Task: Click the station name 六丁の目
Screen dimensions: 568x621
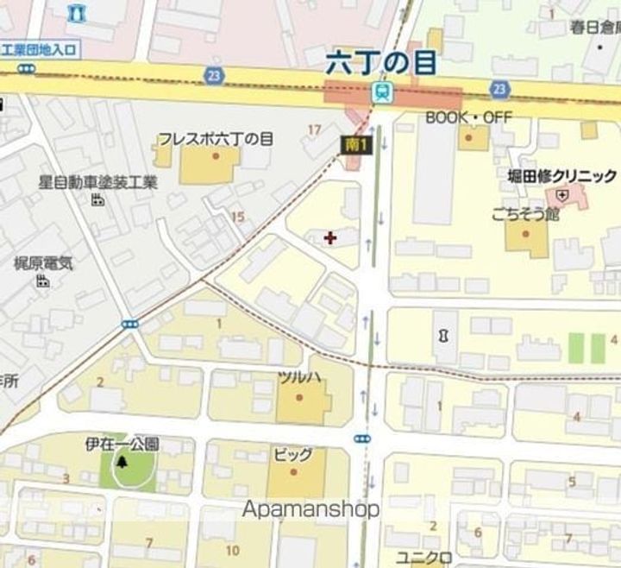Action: tap(380, 62)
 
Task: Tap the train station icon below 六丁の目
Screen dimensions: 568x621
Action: tap(380, 92)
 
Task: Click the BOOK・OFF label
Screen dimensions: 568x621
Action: tap(468, 117)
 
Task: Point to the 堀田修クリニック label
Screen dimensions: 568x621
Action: tap(561, 176)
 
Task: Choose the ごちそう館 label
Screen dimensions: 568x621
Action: tap(525, 213)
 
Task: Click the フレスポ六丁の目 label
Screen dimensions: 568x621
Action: tap(215, 138)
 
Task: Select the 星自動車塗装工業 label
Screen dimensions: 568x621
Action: tap(98, 182)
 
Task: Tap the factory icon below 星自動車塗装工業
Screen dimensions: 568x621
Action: tap(97, 200)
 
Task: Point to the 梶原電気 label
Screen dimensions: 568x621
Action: tap(43, 262)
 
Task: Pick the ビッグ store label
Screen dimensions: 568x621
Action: tap(292, 454)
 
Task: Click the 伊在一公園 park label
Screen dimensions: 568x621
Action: tap(122, 444)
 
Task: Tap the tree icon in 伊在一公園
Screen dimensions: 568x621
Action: tap(122, 463)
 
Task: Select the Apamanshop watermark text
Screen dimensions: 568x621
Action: tap(310, 509)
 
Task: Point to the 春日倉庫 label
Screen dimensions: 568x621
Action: tap(595, 28)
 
